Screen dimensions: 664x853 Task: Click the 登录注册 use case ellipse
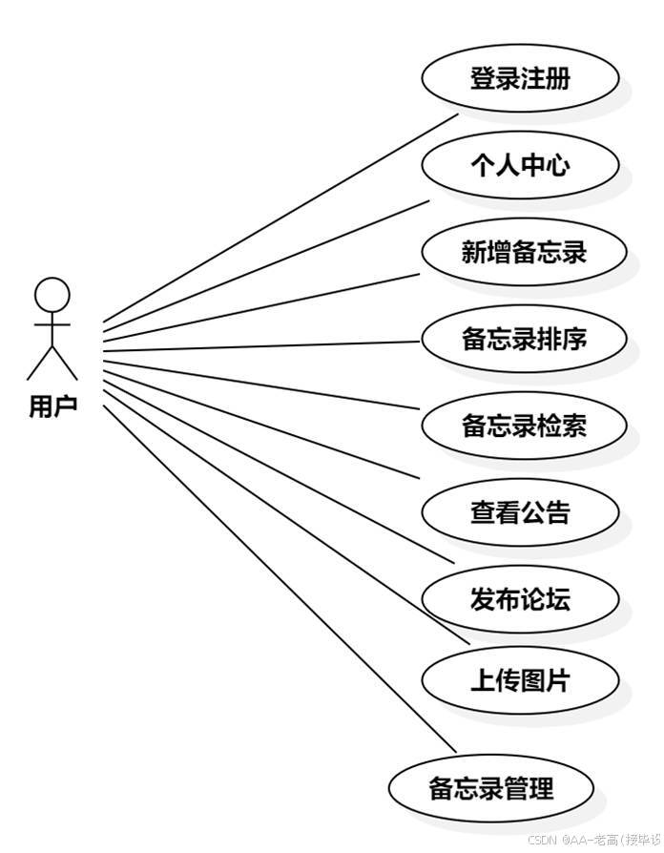click(520, 78)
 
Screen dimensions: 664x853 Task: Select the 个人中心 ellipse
click(520, 165)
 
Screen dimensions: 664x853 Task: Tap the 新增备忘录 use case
click(524, 252)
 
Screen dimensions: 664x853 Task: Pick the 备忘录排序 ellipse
click(524, 339)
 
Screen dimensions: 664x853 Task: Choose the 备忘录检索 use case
click(524, 426)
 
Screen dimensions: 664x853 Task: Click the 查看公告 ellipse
click(520, 512)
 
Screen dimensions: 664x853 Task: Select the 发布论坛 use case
click(520, 599)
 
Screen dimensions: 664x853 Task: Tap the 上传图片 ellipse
click(520, 680)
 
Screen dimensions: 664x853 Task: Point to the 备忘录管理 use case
click(491, 789)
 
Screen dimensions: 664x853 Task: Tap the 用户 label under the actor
click(52, 407)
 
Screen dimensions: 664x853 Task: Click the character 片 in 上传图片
click(558, 680)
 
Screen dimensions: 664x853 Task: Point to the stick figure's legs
click(52, 363)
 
